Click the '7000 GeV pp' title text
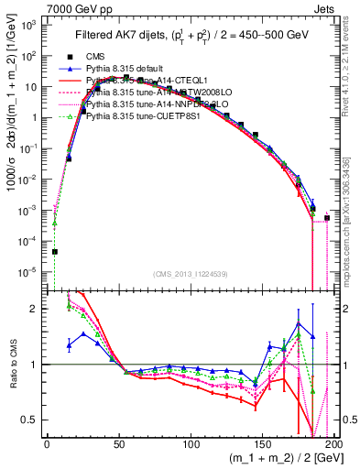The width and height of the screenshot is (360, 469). click(35, 7)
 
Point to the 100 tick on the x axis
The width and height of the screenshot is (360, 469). click(191, 443)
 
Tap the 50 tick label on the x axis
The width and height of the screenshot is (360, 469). click(119, 443)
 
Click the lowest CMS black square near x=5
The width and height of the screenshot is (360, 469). click(55, 252)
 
